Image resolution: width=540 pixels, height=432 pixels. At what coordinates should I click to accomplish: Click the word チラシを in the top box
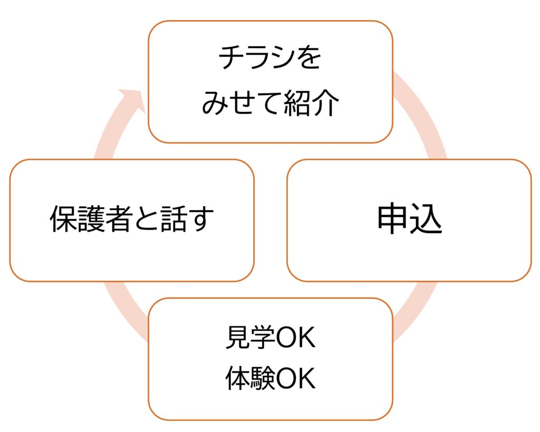(x=270, y=59)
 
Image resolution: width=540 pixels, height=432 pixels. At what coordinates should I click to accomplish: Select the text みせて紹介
(x=270, y=103)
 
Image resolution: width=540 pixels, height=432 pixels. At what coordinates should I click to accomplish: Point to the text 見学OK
(x=270, y=338)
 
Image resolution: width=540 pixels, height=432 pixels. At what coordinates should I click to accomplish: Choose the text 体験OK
(x=270, y=379)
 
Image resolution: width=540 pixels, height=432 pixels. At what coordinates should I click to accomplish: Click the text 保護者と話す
(x=132, y=219)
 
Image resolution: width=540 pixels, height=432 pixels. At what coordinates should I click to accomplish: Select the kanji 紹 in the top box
(x=303, y=103)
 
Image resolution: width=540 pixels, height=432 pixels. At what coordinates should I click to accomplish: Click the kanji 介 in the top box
(x=328, y=103)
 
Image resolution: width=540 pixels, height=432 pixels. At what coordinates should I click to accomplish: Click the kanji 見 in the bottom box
(x=237, y=338)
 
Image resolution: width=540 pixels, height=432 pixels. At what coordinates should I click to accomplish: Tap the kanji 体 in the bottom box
(x=237, y=379)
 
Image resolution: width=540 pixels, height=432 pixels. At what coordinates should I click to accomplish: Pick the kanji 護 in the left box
(x=90, y=219)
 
